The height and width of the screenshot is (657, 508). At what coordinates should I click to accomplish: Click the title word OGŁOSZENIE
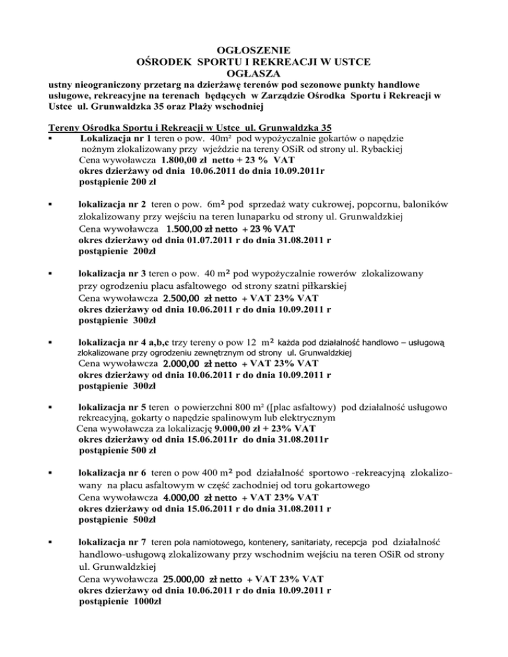(255, 50)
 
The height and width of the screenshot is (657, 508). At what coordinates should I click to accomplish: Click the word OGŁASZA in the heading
(255, 74)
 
